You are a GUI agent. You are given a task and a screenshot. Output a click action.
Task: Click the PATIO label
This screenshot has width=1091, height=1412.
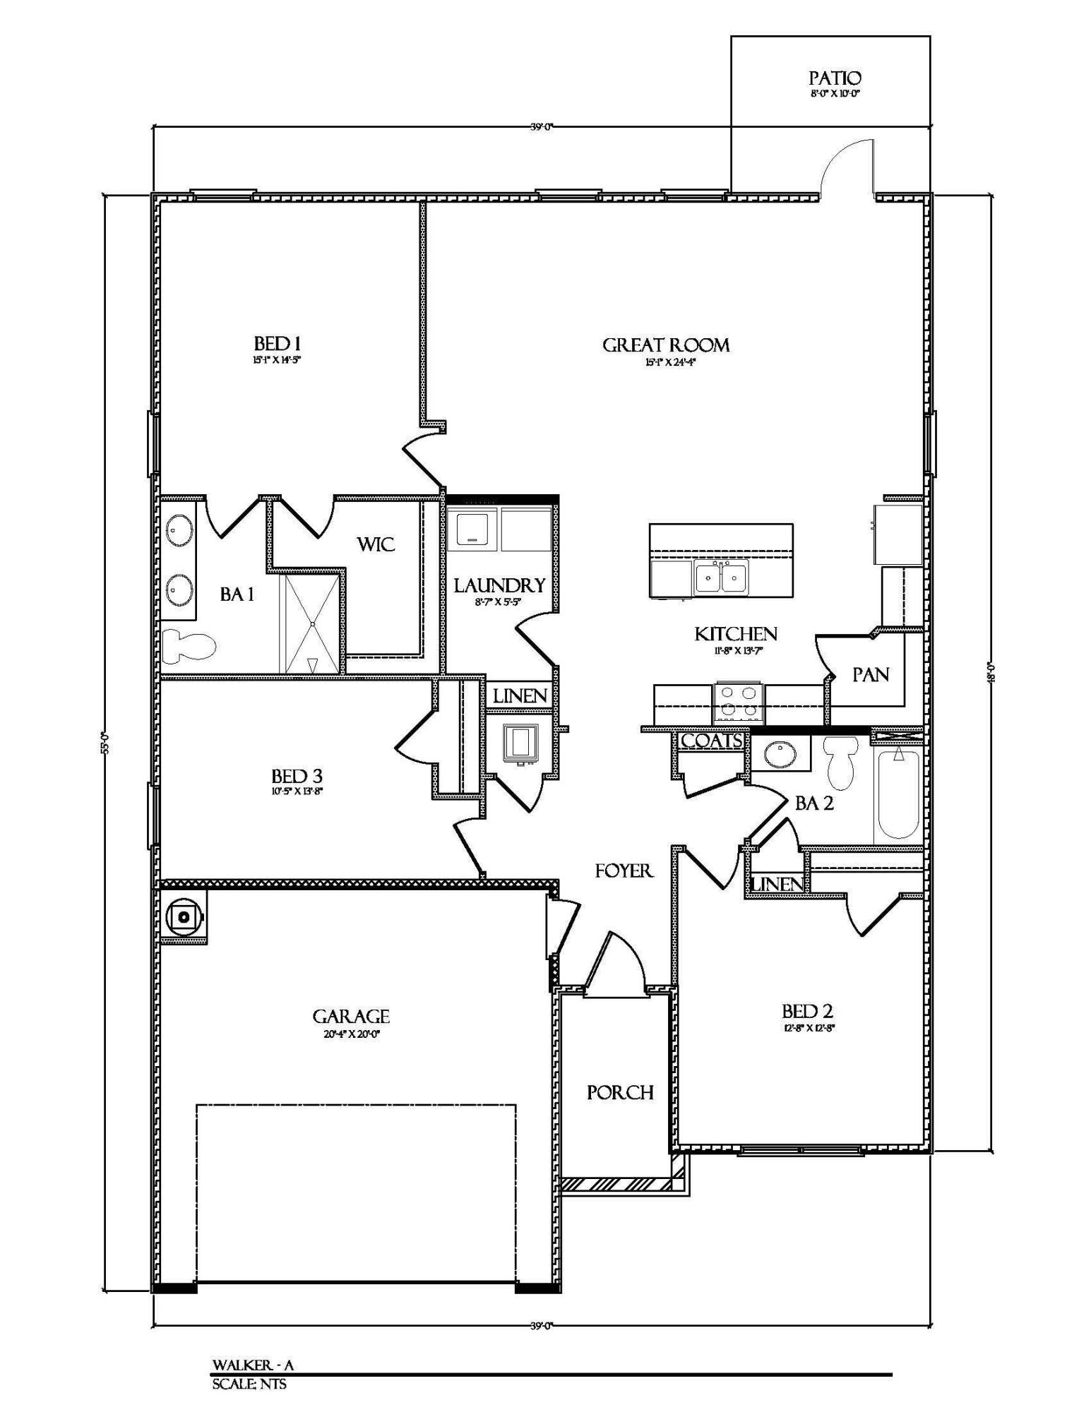click(835, 78)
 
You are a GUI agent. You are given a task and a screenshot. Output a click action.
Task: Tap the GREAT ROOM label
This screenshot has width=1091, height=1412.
click(665, 345)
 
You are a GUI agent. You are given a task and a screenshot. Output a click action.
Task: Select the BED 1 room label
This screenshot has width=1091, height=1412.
click(278, 345)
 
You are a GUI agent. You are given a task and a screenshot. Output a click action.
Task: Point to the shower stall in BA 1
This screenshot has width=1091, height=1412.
click(311, 623)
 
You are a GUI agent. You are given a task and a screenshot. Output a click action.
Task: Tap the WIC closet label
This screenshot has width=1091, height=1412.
click(375, 544)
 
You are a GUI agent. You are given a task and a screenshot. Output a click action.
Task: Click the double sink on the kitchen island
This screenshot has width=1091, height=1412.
click(720, 578)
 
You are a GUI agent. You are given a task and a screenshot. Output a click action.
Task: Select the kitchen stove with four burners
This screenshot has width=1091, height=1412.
click(739, 703)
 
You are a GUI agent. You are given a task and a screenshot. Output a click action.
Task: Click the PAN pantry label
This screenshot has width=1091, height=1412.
click(870, 675)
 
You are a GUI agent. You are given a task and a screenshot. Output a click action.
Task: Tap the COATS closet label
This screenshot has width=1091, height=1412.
click(711, 741)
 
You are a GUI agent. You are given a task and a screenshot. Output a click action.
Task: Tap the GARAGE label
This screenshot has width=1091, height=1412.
click(351, 1017)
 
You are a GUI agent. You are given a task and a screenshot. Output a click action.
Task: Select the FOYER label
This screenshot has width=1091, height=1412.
click(624, 871)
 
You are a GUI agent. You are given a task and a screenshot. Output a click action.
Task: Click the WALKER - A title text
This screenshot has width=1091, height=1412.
click(253, 1365)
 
